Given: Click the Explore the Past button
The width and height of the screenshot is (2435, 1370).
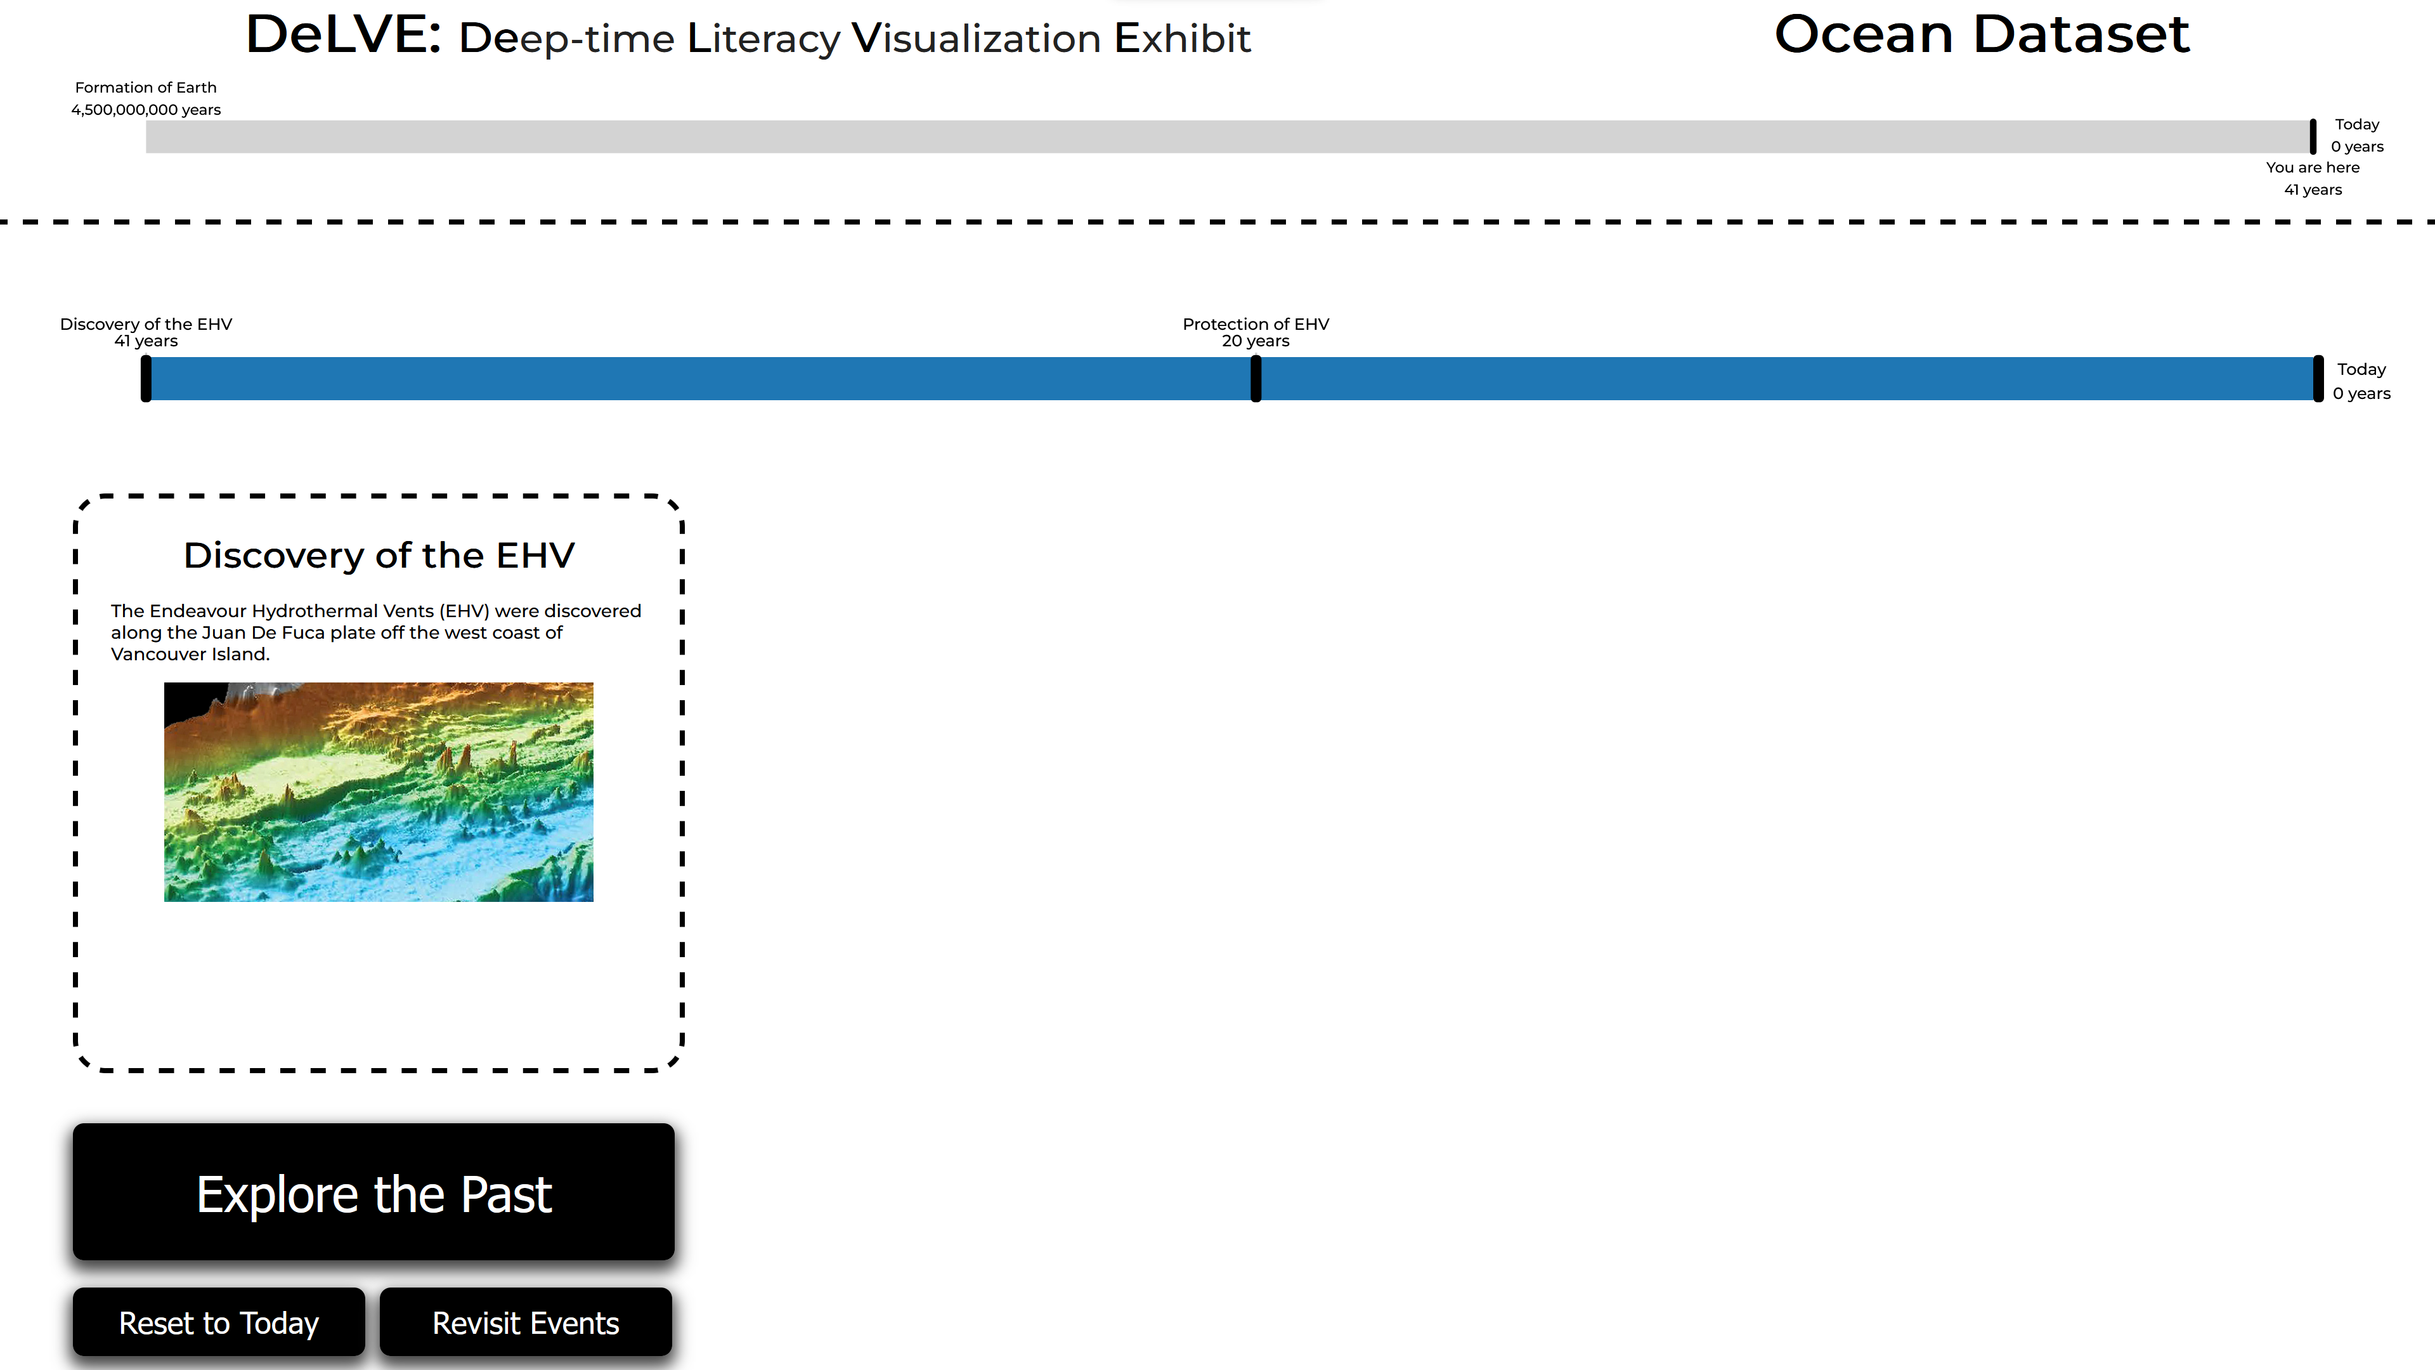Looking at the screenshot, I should point(373,1192).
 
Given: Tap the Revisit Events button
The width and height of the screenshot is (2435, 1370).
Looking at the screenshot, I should point(526,1322).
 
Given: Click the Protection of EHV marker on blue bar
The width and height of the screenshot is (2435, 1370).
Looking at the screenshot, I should point(1256,379).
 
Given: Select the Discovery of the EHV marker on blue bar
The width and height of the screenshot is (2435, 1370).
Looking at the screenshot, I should point(146,379).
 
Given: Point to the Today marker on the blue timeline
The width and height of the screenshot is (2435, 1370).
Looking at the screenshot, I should point(2318,379).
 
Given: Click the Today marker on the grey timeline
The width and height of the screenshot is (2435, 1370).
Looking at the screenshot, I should point(2313,136).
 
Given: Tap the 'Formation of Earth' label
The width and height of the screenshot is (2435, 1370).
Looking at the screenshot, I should point(146,87).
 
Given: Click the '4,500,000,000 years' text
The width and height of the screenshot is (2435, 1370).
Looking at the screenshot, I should point(146,110).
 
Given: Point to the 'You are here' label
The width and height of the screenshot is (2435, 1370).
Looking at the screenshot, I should point(2312,167).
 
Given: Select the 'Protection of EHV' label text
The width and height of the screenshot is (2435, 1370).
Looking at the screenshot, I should point(1256,323).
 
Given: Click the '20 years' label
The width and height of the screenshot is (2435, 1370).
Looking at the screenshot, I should point(1256,341).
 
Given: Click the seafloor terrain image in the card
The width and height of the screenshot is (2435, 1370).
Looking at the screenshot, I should point(378,792).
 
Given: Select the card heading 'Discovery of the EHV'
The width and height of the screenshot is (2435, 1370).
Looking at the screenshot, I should point(378,555).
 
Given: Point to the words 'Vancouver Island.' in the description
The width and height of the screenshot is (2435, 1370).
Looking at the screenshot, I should point(190,655).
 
